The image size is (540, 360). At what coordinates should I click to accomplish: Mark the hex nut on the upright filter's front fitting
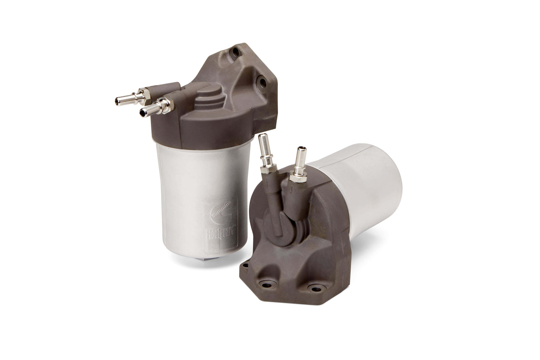coord(163,101)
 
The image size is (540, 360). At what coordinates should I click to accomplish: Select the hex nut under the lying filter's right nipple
coord(297,173)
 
